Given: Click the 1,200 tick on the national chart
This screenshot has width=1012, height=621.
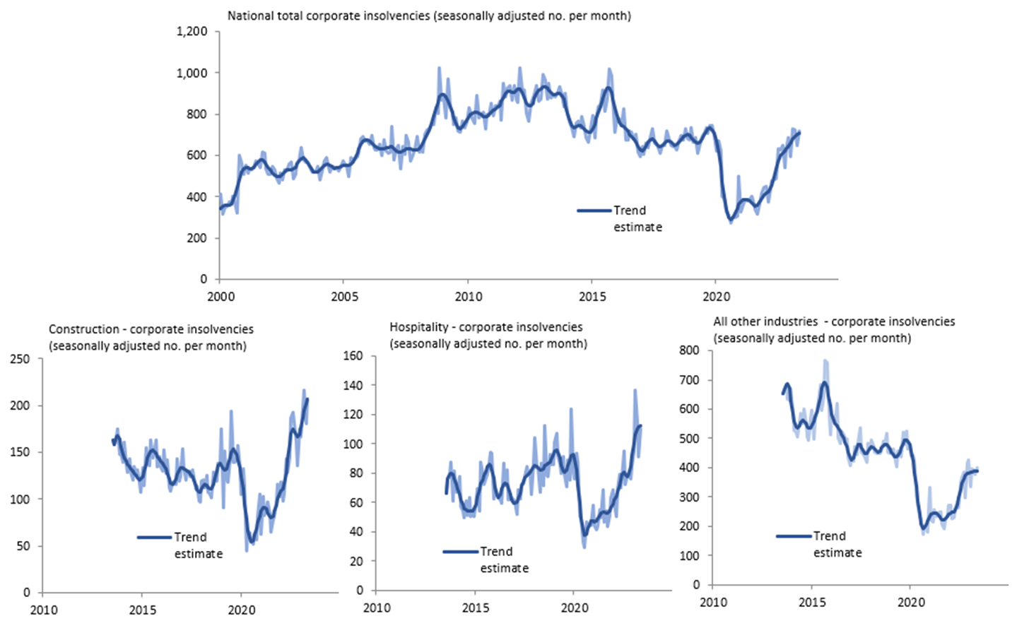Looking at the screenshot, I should point(192,32).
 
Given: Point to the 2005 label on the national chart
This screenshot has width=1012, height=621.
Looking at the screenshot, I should point(344,297).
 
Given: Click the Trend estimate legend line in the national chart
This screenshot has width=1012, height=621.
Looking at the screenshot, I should point(594,211).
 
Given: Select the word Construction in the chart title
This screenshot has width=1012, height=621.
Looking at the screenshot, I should point(83,329).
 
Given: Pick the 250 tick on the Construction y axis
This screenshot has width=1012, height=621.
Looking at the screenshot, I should point(20,359).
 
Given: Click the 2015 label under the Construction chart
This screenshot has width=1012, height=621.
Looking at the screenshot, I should point(143,610).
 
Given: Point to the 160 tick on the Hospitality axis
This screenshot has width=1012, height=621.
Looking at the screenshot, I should point(353,356).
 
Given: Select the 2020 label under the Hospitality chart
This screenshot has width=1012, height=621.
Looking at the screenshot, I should point(575,608).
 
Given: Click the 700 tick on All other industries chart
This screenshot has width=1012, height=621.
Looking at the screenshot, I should point(689,380).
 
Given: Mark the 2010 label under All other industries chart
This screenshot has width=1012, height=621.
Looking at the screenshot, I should point(713,603).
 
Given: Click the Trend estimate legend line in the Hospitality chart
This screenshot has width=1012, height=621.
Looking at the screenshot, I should point(460,552).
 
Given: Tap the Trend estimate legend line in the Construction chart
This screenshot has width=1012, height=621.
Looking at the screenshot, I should point(154,538).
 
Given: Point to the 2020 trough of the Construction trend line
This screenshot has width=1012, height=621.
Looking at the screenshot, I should point(252,542).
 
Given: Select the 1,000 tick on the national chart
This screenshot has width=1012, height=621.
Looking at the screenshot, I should point(192,73).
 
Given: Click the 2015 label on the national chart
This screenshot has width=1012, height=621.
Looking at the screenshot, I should point(592,297).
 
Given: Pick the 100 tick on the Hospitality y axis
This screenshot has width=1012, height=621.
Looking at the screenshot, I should point(353,444).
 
